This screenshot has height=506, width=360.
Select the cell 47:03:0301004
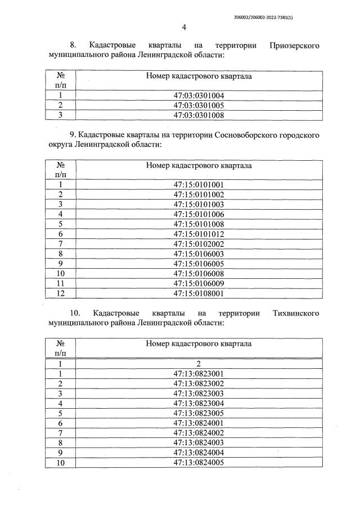[199, 95]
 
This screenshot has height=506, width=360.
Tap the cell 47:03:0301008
[199, 115]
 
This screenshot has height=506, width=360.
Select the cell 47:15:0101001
[199, 184]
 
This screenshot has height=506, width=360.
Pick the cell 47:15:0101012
[199, 234]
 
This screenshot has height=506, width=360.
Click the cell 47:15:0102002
[199, 244]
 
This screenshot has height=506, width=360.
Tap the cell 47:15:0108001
[199, 293]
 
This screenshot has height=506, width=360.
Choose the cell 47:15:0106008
[199, 273]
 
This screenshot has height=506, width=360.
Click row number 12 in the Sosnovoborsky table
[60, 293]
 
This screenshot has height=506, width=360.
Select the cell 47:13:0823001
[199, 373]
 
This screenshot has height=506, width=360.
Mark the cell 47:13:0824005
[199, 462]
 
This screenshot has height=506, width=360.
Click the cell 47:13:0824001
[199, 423]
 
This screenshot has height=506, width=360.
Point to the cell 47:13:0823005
[199, 413]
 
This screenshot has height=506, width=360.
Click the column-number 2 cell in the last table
[199, 363]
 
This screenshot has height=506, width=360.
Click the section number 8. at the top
[73, 44]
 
